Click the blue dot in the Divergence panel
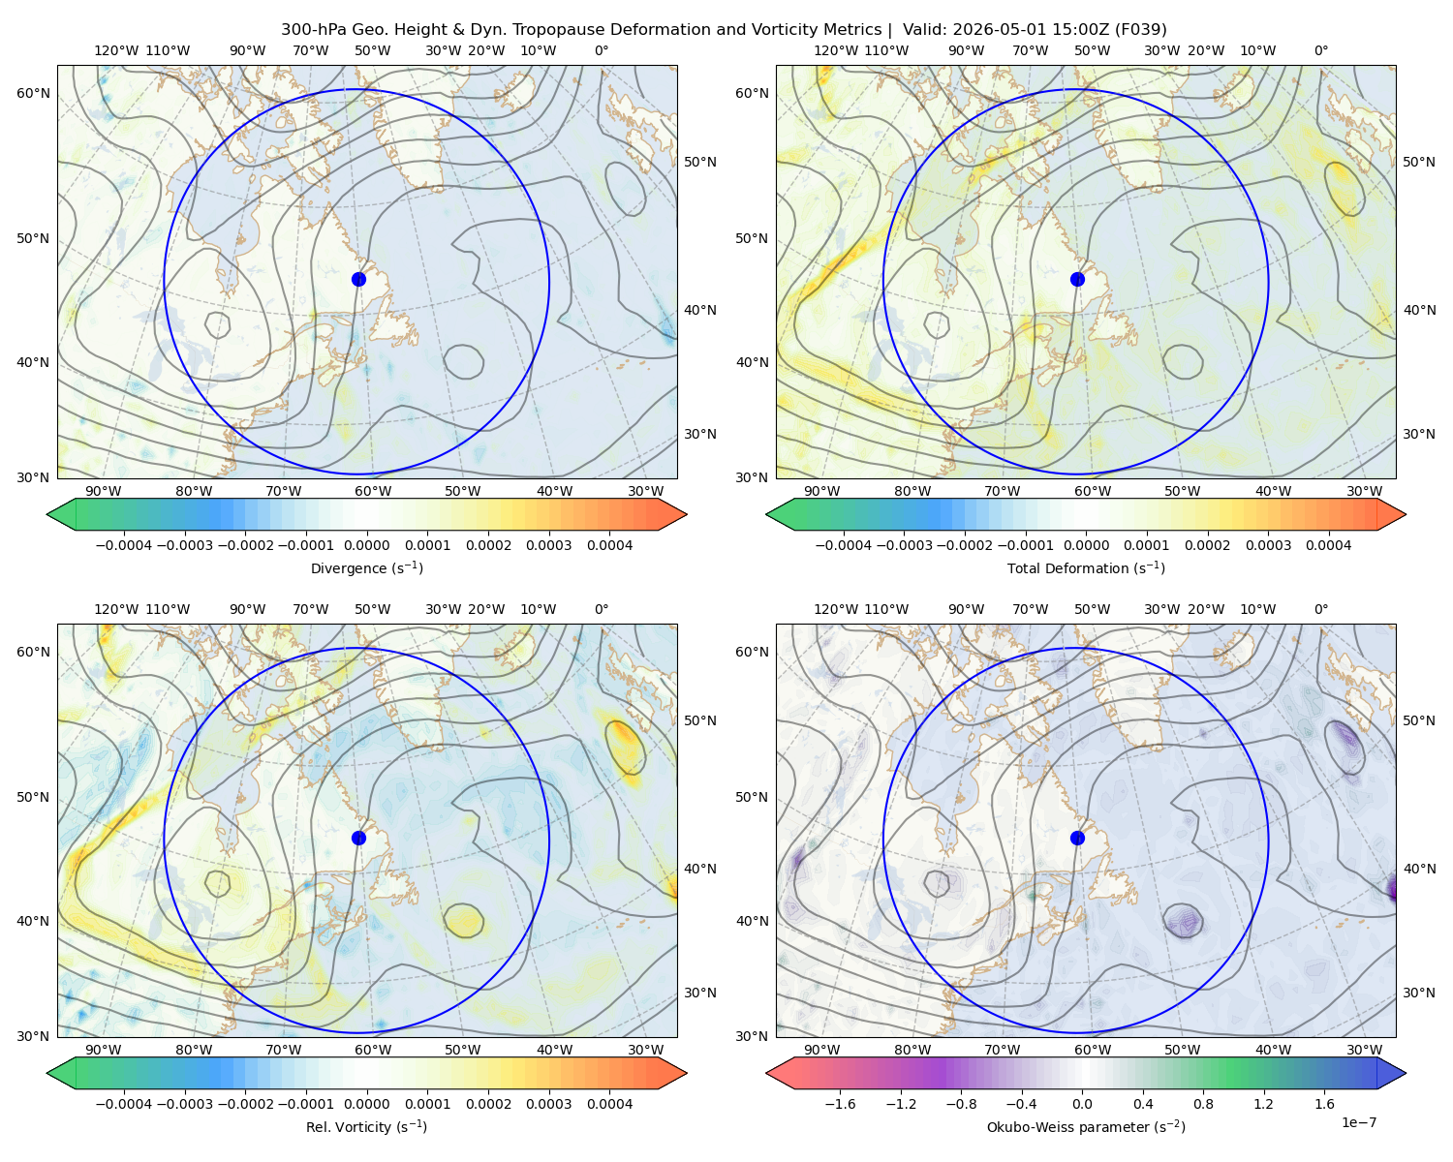click(358, 279)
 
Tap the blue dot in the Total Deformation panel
click(1077, 279)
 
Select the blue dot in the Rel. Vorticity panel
click(358, 838)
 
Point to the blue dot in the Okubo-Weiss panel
click(1077, 838)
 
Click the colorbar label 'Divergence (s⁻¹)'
click(366, 567)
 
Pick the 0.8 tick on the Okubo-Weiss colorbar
click(1203, 1103)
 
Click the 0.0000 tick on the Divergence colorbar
click(366, 545)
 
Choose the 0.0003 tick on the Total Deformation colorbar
click(1268, 545)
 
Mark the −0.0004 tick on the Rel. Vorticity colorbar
click(124, 1103)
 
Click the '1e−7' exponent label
click(1358, 1122)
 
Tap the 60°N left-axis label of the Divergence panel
click(33, 93)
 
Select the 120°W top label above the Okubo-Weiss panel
click(836, 609)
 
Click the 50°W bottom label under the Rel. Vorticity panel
click(462, 1050)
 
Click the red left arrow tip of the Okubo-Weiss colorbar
click(767, 1073)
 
